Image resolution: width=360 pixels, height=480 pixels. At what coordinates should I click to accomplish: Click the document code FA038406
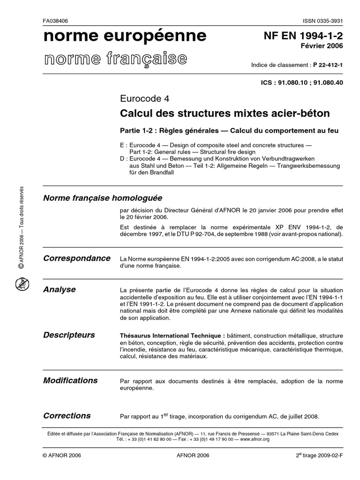[55, 22]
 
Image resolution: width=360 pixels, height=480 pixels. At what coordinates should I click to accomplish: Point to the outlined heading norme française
[115, 59]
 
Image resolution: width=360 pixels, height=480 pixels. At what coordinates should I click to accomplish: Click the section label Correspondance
[76, 258]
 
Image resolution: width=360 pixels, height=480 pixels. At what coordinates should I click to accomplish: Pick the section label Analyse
[59, 290]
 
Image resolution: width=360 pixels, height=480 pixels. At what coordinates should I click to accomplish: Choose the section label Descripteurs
[69, 335]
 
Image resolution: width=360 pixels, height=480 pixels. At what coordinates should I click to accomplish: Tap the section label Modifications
[70, 380]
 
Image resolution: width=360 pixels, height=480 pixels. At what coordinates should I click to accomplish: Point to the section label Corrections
[67, 416]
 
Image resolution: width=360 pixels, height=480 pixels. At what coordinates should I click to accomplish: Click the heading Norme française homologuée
[103, 198]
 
